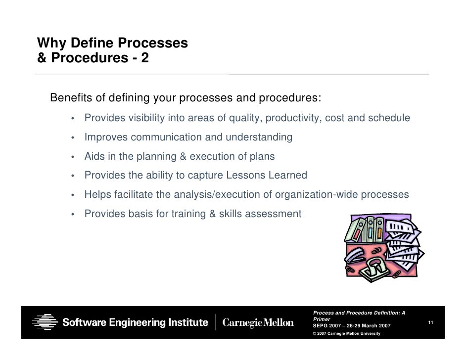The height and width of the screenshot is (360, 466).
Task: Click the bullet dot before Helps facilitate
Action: click(x=72, y=195)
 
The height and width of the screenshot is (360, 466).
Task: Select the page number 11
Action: click(x=431, y=323)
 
